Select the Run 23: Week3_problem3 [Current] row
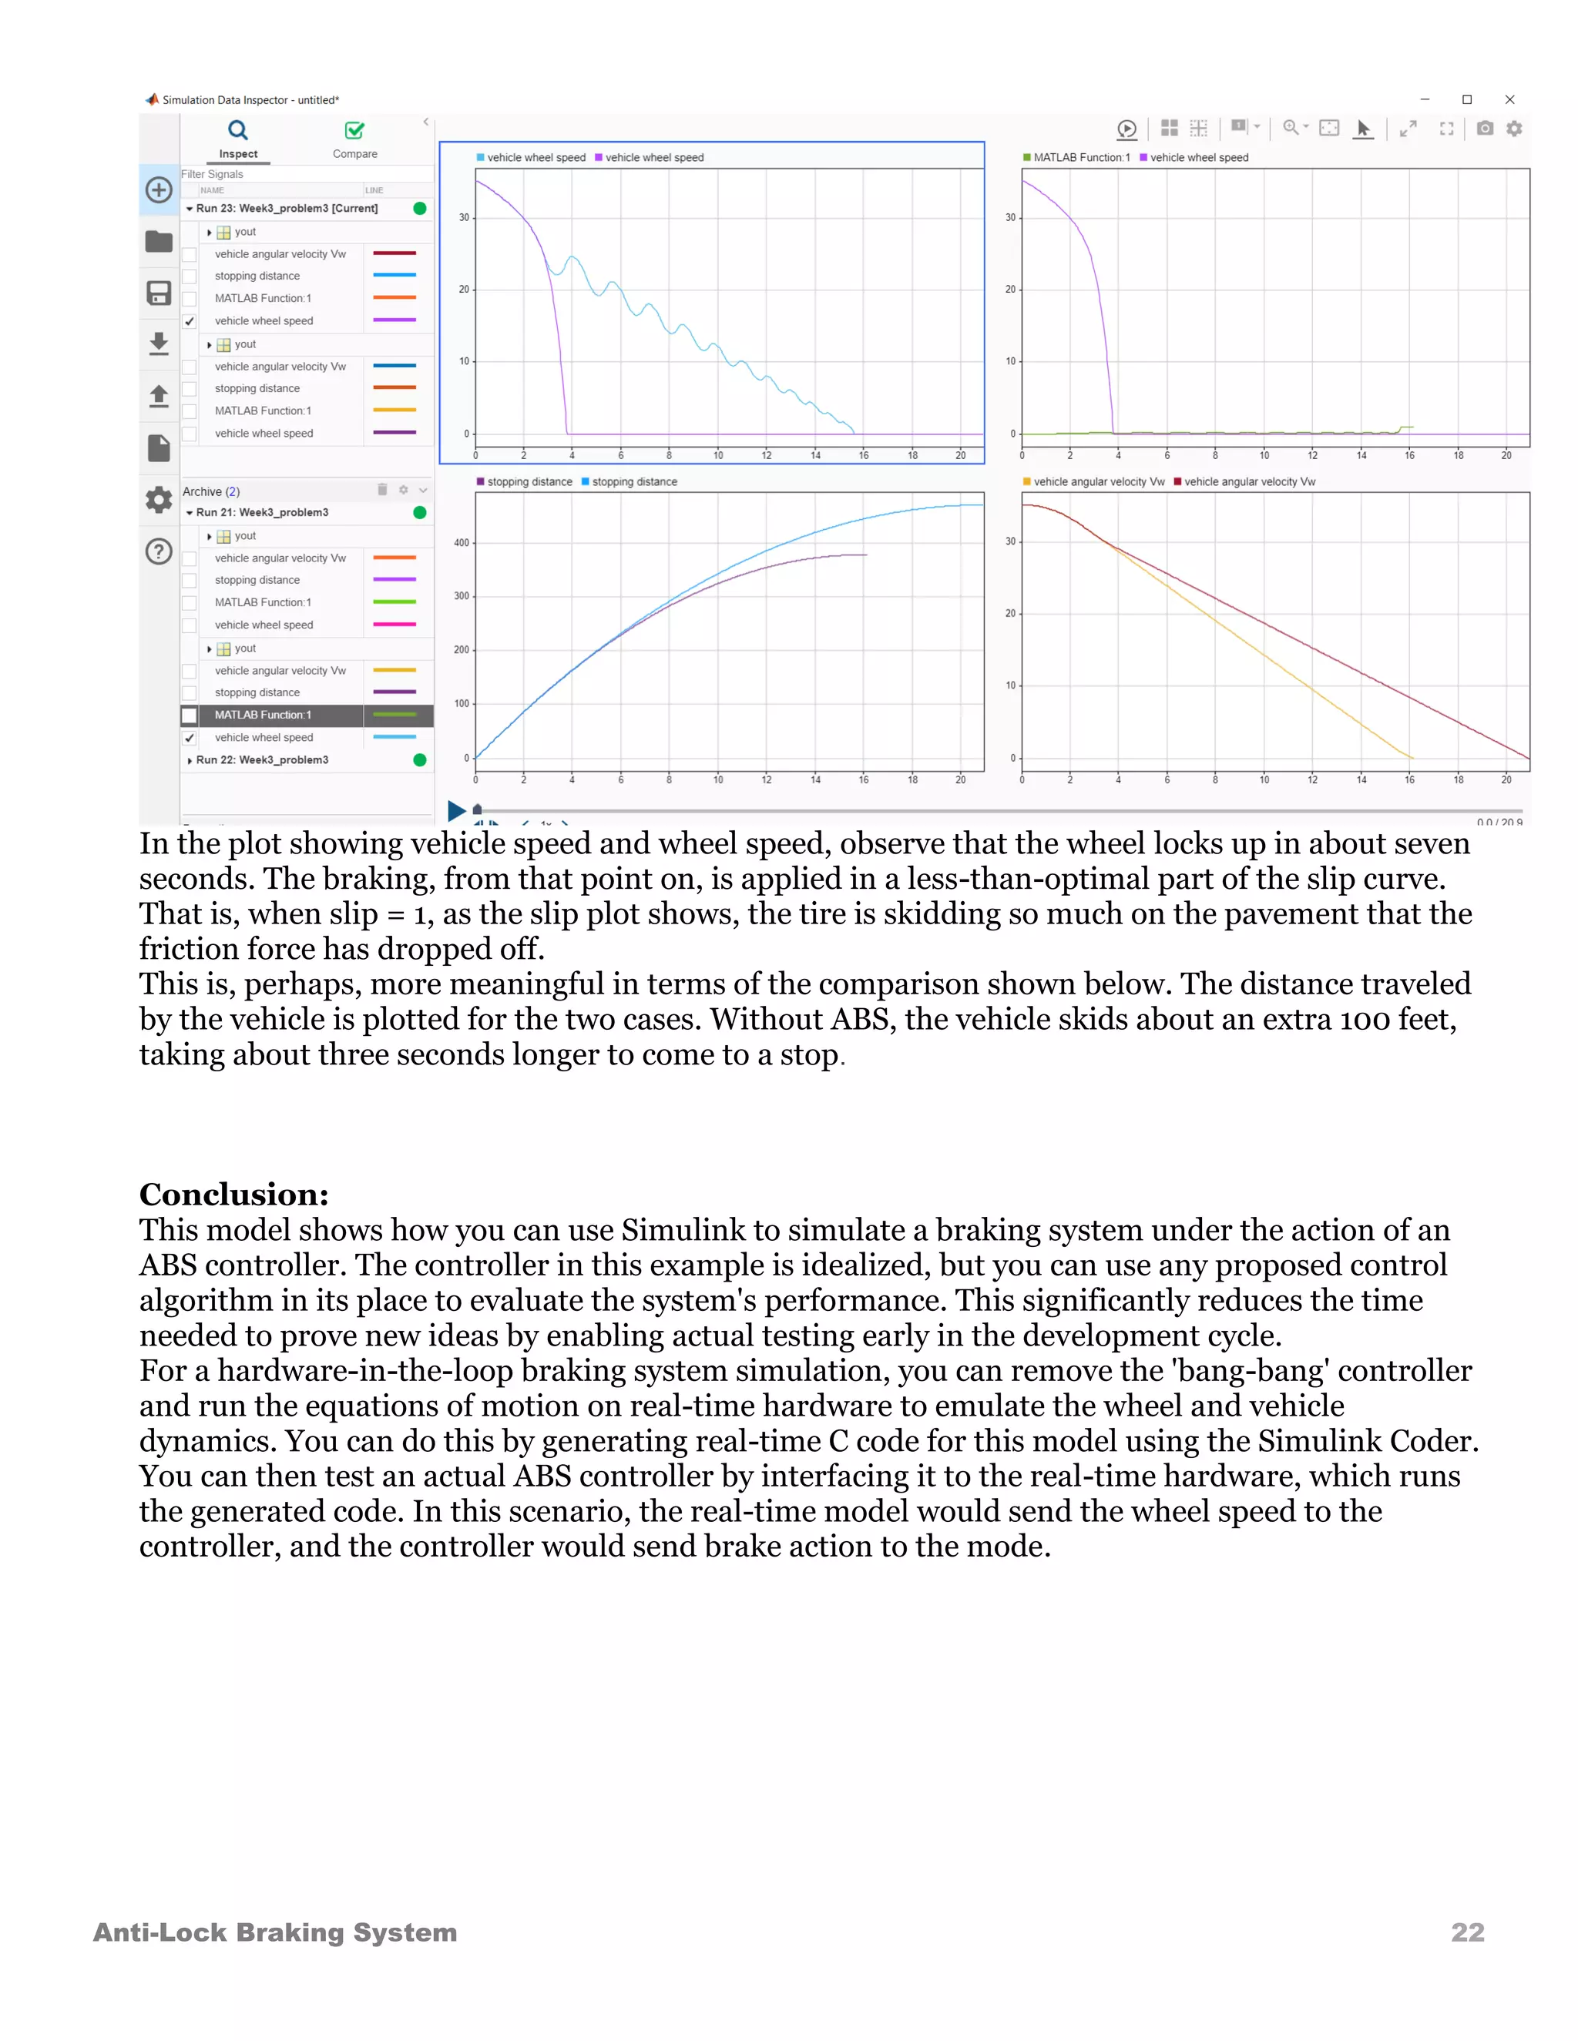click(287, 209)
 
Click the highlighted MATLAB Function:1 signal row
click(264, 715)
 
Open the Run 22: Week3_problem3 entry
click(262, 759)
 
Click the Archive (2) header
click(211, 491)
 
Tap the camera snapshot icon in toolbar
click(1485, 128)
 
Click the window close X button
click(1509, 99)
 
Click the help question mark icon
click(159, 551)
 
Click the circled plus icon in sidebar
click(159, 189)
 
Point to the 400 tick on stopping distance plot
click(462, 542)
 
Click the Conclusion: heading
click(233, 1195)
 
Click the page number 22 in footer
click(1467, 1932)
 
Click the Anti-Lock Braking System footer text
click(275, 1932)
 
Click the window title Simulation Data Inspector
click(250, 100)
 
